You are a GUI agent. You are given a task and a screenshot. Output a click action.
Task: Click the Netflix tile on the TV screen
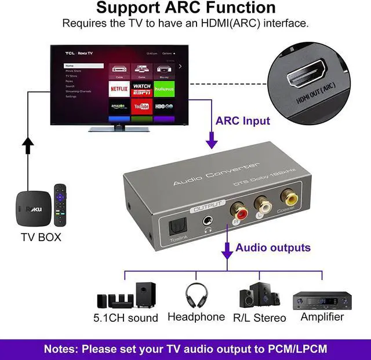click(119, 88)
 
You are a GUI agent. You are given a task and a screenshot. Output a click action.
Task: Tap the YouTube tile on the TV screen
click(141, 106)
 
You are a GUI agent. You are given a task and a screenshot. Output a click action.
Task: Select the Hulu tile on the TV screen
click(164, 88)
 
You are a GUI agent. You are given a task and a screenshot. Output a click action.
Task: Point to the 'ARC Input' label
click(242, 121)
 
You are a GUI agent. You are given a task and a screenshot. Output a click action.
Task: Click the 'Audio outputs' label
click(272, 248)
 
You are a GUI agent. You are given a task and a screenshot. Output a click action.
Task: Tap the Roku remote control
click(59, 205)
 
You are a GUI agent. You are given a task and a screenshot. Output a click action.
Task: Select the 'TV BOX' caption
click(41, 237)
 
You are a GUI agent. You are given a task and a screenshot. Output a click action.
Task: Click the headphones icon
click(195, 295)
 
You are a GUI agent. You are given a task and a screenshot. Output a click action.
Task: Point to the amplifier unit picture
click(322, 300)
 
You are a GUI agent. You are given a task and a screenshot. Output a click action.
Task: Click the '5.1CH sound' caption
click(126, 318)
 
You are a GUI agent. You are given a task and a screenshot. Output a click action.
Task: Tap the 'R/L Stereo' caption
click(259, 318)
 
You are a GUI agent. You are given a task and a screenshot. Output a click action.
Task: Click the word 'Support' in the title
click(128, 8)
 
